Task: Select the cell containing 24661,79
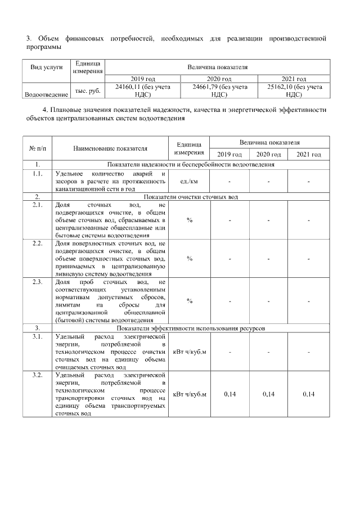tap(205, 87)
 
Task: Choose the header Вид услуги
tap(46, 66)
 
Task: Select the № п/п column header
tap(37, 148)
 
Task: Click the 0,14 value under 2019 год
tap(229, 394)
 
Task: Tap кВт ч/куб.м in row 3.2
tap(190, 394)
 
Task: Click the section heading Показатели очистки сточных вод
tap(191, 197)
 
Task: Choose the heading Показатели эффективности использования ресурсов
tap(191, 328)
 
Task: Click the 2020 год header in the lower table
tap(269, 154)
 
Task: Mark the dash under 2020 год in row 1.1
tap(269, 181)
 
